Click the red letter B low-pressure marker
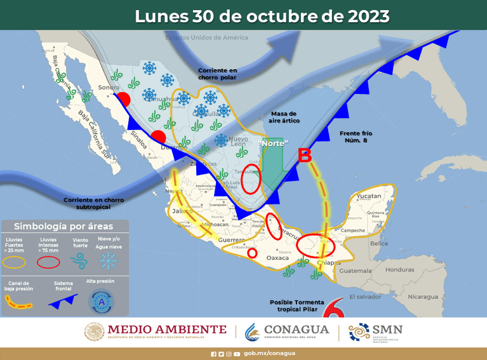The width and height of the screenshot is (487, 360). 305,155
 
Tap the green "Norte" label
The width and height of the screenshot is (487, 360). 274,144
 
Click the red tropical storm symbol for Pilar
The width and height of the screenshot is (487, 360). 331,310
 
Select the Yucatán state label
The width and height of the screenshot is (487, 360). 369,196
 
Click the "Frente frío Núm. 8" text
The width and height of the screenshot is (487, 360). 356,137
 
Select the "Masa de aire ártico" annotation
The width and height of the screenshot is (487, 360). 284,117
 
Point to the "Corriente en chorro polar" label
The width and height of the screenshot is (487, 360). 218,74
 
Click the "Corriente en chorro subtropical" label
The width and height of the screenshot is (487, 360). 93,203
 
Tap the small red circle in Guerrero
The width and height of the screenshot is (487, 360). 251,253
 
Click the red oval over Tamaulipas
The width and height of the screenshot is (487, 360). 251,180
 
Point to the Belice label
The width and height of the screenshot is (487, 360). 379,243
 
